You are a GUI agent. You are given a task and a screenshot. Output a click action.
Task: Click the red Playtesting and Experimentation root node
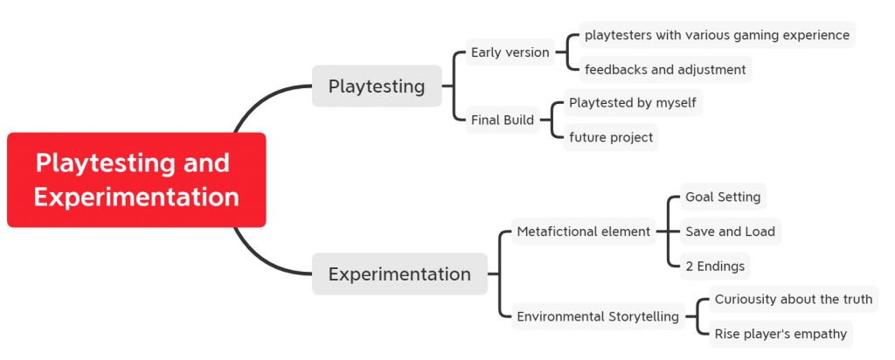pos(136,180)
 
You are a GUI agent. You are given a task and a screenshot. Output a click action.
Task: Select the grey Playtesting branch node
pos(377,87)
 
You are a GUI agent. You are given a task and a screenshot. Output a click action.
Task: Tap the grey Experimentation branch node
pos(399,273)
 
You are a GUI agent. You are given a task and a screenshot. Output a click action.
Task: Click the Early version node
pos(510,52)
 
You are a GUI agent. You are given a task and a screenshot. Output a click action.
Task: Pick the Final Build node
pos(503,120)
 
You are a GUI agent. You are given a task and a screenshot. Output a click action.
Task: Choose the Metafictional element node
pos(583,232)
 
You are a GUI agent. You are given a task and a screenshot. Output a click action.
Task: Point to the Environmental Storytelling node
pos(598,316)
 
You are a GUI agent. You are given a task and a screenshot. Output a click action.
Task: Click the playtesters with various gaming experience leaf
pos(718,35)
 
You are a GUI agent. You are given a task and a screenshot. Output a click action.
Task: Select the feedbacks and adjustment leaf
pos(665,70)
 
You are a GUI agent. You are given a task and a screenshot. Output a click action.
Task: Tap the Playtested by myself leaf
pos(633,103)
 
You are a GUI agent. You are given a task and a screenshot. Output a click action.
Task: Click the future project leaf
pos(611,137)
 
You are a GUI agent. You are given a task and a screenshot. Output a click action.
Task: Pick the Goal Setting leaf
pos(723,197)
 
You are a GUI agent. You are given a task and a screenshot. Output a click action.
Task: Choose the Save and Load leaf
pos(731,231)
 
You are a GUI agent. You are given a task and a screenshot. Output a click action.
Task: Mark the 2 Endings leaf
pos(715,266)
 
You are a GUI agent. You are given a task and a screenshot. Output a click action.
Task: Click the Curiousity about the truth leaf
pos(794,299)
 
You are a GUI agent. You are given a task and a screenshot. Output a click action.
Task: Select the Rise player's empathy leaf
pos(781,334)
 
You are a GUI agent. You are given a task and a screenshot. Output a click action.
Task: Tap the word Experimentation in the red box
pos(136,197)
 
